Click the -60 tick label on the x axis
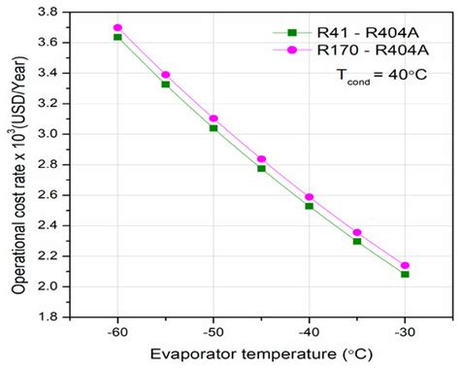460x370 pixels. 115,331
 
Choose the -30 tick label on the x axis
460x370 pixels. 405,331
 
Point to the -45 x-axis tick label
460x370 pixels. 260,331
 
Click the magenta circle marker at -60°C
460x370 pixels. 117,27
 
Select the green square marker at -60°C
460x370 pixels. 117,37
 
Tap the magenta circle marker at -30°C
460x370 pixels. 405,265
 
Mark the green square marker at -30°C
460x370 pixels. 405,274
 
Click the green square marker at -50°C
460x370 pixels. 214,128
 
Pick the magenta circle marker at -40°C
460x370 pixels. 309,197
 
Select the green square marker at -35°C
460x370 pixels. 357,241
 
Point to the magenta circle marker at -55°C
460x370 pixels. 166,75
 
